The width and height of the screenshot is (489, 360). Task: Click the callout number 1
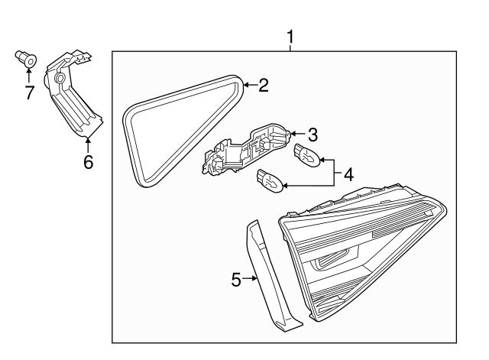290,35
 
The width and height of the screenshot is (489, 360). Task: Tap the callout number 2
263,86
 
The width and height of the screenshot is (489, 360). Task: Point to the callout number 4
348,174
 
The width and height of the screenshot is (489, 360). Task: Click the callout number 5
236,281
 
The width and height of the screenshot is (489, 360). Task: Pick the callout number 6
87,161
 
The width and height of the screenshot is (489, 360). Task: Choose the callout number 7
29,92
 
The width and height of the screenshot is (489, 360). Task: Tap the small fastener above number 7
26,58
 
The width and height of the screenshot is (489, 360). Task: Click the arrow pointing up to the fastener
29,74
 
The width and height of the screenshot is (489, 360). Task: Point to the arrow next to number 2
248,86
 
